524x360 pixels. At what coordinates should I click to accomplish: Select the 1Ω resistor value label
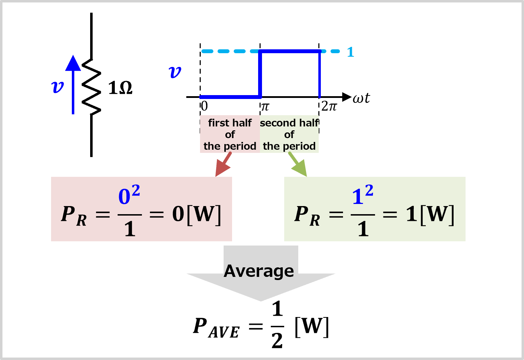click(x=120, y=88)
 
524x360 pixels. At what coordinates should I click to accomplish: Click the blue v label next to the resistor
click(x=57, y=86)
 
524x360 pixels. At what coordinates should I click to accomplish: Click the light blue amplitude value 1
click(x=350, y=52)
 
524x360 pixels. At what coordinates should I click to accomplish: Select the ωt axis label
click(x=361, y=98)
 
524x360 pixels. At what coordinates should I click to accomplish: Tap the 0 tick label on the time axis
click(x=204, y=106)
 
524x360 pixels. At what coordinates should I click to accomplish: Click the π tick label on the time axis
click(x=265, y=106)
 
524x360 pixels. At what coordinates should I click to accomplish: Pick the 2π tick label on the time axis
click(x=329, y=106)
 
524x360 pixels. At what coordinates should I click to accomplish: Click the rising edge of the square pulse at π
click(x=260, y=74)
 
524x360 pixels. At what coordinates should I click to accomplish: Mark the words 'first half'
click(x=230, y=123)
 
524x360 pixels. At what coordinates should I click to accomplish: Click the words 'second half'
click(x=289, y=123)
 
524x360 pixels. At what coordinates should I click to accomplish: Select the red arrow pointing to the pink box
click(x=223, y=165)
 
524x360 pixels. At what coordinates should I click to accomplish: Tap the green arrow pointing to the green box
click(x=298, y=165)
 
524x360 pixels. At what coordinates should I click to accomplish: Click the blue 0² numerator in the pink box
click(x=129, y=195)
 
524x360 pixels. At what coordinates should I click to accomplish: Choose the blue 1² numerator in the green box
click(x=362, y=195)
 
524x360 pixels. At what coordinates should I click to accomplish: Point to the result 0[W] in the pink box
click(x=196, y=214)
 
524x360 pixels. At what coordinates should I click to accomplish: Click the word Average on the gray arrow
click(x=259, y=271)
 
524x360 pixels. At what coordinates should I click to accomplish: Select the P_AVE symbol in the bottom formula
click(x=216, y=328)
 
